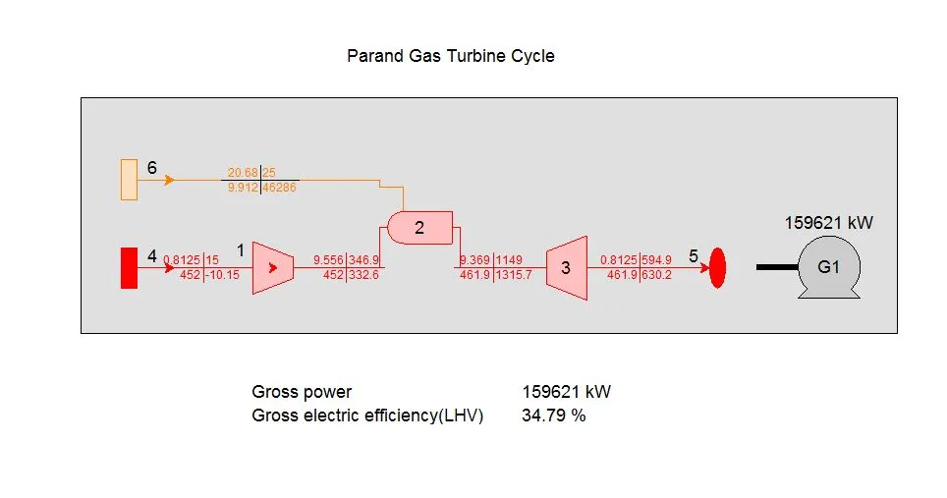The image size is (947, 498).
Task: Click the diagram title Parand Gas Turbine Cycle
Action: [x=450, y=56]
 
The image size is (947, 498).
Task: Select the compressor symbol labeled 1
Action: [x=272, y=267]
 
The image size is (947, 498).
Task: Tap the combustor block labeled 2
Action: [x=419, y=228]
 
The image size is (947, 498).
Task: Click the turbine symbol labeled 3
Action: [x=566, y=267]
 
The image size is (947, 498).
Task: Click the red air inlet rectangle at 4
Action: [x=129, y=268]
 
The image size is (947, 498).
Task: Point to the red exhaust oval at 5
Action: [x=717, y=267]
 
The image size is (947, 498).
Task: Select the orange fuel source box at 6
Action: [x=129, y=179]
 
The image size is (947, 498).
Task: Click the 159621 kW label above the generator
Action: [x=828, y=223]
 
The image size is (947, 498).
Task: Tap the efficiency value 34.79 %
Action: [x=553, y=415]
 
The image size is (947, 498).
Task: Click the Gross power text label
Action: [x=302, y=392]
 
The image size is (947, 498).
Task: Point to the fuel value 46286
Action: [x=280, y=187]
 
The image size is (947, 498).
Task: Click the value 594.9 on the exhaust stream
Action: [x=656, y=260]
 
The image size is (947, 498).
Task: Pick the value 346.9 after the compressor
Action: [x=363, y=260]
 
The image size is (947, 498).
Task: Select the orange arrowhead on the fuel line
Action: [x=169, y=180]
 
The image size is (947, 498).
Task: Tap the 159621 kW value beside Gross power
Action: [x=566, y=392]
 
